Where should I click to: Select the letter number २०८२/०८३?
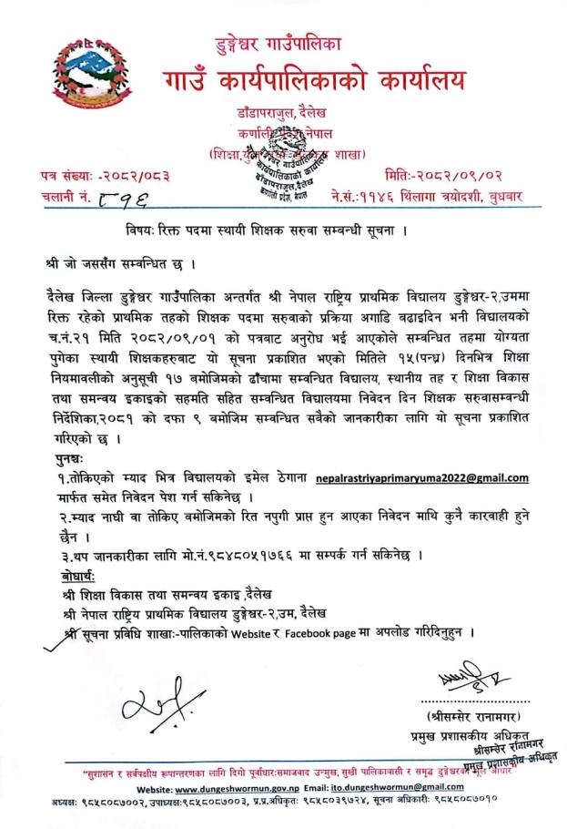133,172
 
